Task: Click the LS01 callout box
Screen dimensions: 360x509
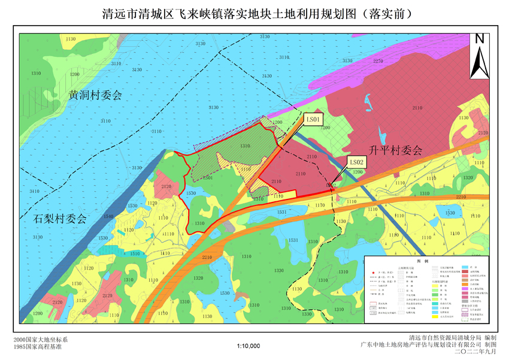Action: [314, 120]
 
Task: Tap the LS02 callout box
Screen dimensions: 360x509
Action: [357, 162]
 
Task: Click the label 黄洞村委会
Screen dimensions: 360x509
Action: [95, 95]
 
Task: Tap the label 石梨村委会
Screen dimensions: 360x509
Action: [59, 219]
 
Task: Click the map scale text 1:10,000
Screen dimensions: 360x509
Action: [249, 346]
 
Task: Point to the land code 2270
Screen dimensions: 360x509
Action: [378, 62]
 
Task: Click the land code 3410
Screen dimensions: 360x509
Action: [35, 191]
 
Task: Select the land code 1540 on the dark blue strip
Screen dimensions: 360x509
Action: [108, 217]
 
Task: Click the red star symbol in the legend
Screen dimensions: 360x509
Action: [374, 273]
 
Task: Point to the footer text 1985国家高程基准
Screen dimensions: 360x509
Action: [37, 346]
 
